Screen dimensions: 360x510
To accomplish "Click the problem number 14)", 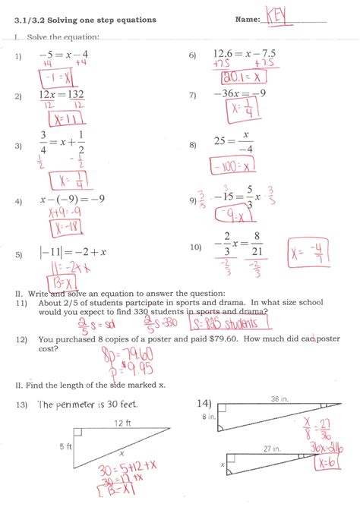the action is click(204, 403).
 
